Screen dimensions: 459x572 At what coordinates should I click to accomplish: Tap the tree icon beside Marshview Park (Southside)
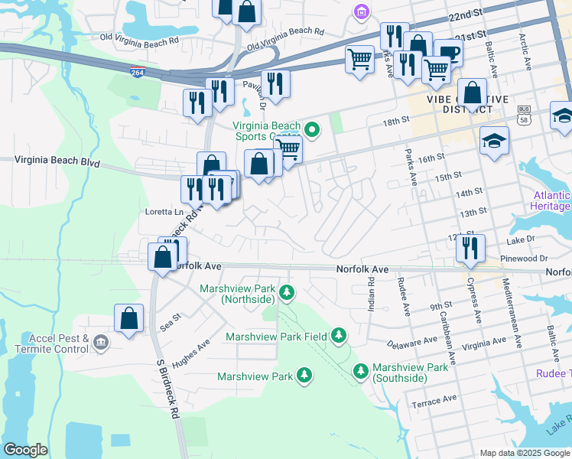(361, 371)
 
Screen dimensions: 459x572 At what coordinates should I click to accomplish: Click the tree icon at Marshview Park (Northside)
(287, 291)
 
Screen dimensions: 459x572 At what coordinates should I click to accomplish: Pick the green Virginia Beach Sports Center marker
(311, 129)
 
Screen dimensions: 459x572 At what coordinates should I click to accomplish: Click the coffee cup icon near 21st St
(448, 53)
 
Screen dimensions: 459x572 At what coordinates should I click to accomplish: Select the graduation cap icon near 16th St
(495, 141)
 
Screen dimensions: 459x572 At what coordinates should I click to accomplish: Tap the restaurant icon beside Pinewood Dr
(470, 248)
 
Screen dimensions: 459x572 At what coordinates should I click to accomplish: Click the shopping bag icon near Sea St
(129, 318)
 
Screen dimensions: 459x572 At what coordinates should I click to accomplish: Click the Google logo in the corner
(26, 450)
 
